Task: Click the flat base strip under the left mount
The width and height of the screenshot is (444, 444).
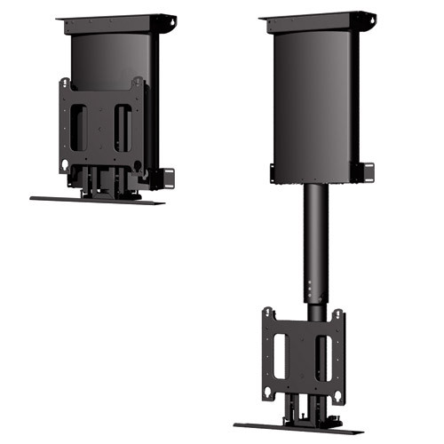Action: [x=98, y=200]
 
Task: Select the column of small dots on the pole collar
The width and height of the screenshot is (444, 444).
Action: [x=304, y=290]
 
